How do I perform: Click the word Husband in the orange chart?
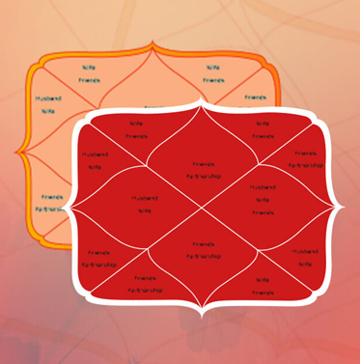[47, 98]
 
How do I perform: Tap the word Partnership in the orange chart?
[49, 208]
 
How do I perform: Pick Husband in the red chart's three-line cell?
[262, 186]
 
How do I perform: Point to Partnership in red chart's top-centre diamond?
[203, 176]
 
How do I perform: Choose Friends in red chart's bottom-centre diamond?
[203, 245]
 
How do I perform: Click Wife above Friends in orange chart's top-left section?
[89, 68]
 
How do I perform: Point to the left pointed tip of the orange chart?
[17, 153]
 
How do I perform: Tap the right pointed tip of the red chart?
[345, 207]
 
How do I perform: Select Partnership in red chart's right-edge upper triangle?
[306, 165]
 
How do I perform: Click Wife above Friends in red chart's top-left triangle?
[137, 124]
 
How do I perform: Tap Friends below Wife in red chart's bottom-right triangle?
[261, 292]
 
